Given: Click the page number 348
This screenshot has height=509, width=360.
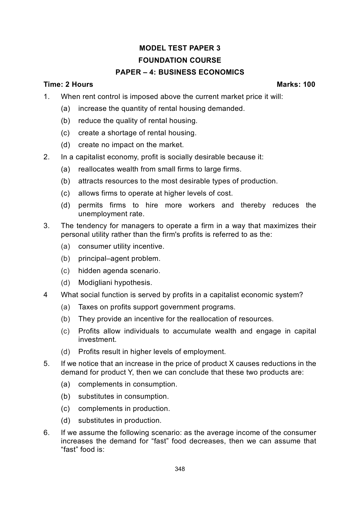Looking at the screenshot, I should pos(180,469).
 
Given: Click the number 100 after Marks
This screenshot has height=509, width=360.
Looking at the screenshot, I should pos(309,84).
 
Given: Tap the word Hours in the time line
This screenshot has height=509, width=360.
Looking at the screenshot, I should pos(82,84).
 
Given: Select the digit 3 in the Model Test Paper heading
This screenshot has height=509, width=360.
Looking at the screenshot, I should pos(218,48).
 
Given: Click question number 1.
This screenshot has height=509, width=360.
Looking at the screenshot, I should pos(46,97).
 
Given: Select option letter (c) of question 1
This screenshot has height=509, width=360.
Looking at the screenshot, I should pos(66,133).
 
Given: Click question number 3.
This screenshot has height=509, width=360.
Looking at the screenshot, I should pos(46,226).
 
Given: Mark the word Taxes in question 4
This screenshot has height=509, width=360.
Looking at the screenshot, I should pos(88,307).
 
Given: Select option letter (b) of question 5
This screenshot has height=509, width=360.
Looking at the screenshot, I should pos(66,396).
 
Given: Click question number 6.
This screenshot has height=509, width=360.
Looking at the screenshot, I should pos(46,433).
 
